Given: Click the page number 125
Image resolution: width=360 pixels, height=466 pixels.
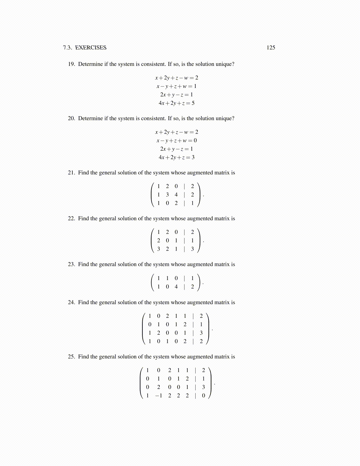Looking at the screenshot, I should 271,48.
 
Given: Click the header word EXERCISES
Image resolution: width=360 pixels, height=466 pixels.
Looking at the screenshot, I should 91,48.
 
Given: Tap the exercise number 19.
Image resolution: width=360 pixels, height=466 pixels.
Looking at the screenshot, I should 71,64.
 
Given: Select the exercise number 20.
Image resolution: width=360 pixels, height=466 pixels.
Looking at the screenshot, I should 71,118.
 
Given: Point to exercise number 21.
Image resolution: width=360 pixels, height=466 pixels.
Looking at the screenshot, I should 71,173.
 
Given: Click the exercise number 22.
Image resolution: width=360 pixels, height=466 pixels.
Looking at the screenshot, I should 71,219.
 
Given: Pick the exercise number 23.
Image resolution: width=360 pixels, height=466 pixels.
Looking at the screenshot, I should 71,264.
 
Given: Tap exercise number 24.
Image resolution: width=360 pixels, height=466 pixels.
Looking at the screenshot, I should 71,302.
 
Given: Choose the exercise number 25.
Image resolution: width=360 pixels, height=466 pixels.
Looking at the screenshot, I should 71,357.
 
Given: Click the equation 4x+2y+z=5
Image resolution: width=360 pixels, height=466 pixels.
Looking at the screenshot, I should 176,103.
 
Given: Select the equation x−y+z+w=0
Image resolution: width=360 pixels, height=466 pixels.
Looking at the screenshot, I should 176,140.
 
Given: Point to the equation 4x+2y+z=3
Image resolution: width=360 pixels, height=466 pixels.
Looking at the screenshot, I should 176,157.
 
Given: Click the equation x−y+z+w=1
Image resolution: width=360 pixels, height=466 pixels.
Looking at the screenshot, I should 176,86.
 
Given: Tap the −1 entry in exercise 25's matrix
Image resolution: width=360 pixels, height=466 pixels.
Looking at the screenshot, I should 159,396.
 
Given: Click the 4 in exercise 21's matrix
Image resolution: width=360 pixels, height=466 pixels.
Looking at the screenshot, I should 176,194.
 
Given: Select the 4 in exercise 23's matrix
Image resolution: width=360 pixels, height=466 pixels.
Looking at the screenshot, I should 176,287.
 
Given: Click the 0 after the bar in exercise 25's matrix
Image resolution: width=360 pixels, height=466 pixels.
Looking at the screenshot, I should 203,396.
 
